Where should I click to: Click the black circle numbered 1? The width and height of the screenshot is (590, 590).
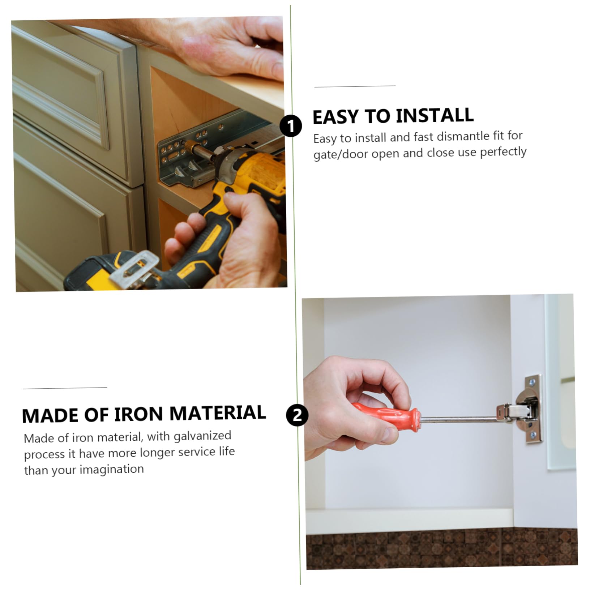point(291,126)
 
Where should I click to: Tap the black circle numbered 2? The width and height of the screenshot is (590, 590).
point(297,415)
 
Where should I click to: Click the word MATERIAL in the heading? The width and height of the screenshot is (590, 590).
point(218,413)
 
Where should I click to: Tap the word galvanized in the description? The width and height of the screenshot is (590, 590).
point(202,436)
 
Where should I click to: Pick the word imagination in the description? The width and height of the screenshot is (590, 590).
point(111,469)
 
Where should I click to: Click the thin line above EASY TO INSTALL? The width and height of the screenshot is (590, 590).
point(355,86)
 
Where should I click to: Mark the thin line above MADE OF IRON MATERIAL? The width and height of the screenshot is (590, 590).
point(65,388)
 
